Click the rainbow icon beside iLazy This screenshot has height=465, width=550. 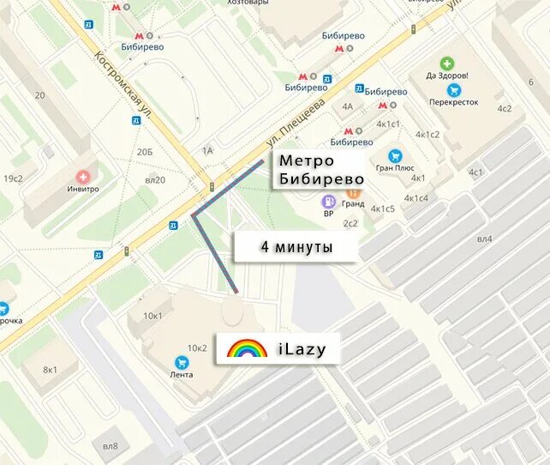pos(247,348)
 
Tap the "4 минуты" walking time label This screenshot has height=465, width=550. pos(296,248)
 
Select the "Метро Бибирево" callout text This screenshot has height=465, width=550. pos(320,170)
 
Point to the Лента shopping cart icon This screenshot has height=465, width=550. pos(182,363)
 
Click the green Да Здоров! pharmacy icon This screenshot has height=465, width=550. pos(447,63)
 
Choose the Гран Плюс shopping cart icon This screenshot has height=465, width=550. pos(395,155)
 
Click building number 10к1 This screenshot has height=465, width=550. pos(152,316)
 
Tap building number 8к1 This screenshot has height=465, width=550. pos(51,369)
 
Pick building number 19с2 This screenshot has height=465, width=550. pos(13,178)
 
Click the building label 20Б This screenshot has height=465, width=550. pos(145,152)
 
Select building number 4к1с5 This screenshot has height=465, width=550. pos(383,208)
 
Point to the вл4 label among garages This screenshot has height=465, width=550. pos(485,239)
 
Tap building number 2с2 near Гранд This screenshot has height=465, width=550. pos(350,223)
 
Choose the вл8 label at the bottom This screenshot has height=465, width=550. pos(111,445)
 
